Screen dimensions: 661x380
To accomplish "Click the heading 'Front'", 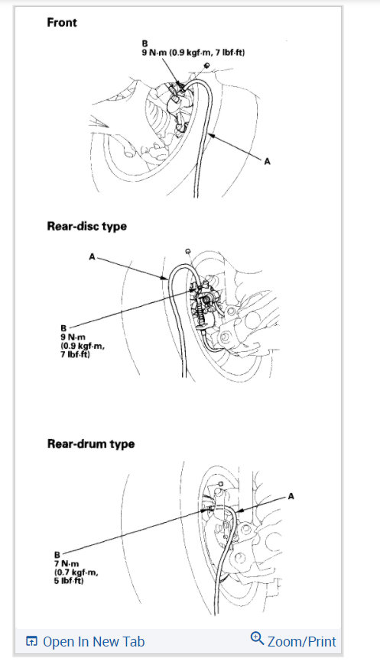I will [x=62, y=22].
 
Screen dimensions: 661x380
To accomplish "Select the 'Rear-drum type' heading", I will [x=90, y=443].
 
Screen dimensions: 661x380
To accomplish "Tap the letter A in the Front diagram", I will [x=267, y=161].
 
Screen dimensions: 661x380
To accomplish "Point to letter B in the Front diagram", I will [x=145, y=44].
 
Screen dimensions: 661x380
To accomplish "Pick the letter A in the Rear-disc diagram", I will [x=92, y=258].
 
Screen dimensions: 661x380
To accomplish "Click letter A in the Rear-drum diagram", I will [x=291, y=495].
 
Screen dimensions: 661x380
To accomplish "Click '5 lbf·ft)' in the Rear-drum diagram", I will [x=69, y=580].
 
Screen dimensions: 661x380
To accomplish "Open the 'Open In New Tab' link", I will [x=93, y=642].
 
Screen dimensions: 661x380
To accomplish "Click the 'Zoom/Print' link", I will [x=301, y=641].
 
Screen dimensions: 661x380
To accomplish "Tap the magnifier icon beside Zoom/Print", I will [x=257, y=640].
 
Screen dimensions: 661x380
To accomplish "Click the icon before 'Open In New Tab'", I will [x=31, y=642].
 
